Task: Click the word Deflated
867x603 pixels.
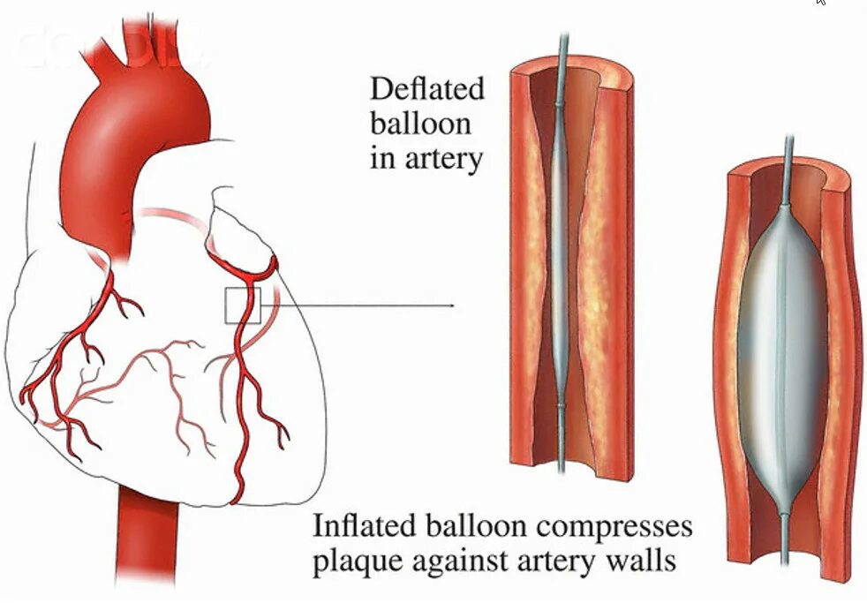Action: (427, 89)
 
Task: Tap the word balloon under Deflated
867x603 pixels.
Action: (420, 124)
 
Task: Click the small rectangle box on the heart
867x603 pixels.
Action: (243, 305)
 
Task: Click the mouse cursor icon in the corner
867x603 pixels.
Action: (821, 3)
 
